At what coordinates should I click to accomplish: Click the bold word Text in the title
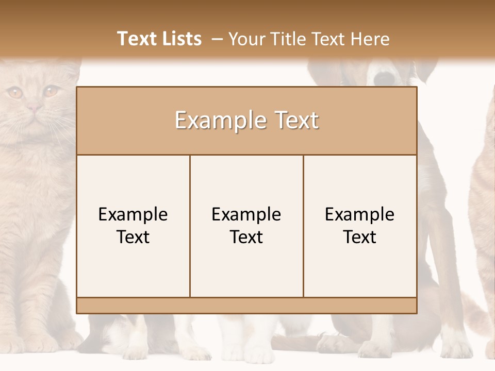135,39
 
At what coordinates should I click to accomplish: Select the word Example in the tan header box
217,121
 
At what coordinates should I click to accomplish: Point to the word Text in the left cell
133,238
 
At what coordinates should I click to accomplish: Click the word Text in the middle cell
246,238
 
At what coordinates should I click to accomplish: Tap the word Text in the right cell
360,238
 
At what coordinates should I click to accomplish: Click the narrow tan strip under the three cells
246,306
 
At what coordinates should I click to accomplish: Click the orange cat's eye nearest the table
51,91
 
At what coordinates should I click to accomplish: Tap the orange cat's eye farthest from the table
15,93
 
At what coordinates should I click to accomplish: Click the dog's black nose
384,78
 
